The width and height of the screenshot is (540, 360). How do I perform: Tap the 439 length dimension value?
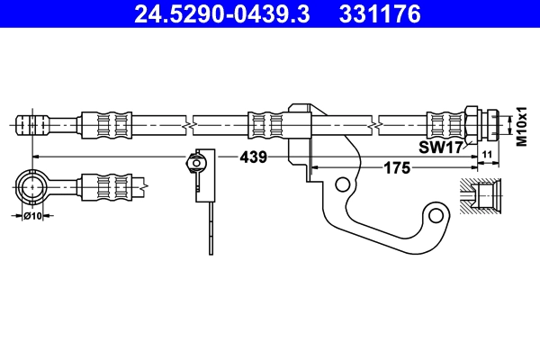pos(253,157)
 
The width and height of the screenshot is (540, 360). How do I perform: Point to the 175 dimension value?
pos(397,167)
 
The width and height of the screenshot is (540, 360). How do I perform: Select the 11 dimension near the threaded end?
pos(487,157)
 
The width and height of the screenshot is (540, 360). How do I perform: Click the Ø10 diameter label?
pos(33,215)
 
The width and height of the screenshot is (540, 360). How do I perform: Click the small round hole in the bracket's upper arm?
pos(342,184)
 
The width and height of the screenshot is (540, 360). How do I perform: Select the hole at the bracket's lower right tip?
pos(437,216)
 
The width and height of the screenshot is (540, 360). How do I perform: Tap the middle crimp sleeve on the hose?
pos(266,121)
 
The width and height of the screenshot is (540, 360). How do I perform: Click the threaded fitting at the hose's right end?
pos(487,121)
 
